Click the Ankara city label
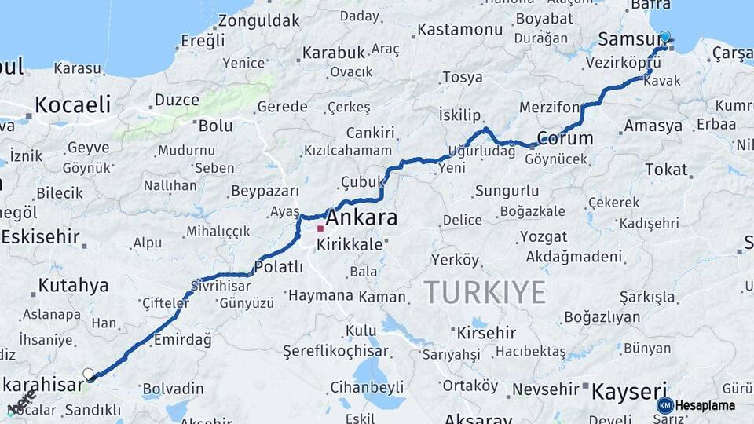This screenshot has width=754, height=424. point(361,217)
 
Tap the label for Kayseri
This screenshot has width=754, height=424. point(628,390)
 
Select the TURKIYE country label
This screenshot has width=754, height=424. point(485,292)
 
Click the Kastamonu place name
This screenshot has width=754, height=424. point(459,30)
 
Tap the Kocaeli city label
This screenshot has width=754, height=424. point(71,104)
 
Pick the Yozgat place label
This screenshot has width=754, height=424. point(543,236)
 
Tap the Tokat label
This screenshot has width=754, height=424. point(666,169)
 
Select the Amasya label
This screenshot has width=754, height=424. point(653,126)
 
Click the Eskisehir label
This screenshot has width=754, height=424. point(41,236)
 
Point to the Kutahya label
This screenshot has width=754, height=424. point(73,285)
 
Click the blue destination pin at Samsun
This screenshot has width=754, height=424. point(665,37)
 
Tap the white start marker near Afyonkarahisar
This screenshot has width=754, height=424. point(88,374)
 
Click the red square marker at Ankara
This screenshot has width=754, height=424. point(320,229)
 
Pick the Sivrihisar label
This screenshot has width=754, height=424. point(225,286)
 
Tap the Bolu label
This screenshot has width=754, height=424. point(215,125)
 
